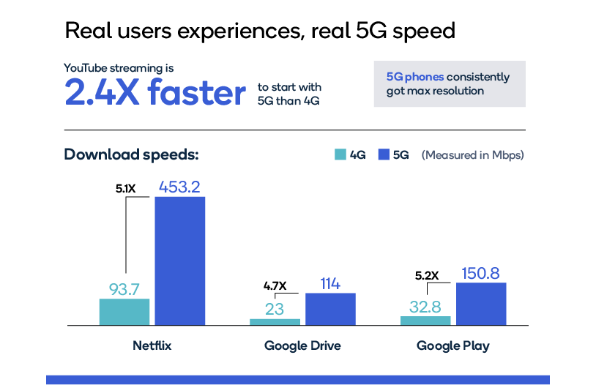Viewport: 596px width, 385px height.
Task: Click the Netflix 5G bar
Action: click(179, 260)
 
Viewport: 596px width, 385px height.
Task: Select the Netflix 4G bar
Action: click(124, 311)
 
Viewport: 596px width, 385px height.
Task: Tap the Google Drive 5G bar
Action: click(330, 308)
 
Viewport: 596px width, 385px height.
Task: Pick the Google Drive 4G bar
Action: click(275, 321)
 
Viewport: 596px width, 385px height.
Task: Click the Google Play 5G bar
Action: click(481, 303)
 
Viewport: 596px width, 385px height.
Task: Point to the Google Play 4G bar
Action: click(425, 320)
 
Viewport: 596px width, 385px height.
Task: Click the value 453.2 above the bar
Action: click(179, 187)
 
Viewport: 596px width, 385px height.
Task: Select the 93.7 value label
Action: click(124, 289)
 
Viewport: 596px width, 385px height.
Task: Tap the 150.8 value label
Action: click(481, 273)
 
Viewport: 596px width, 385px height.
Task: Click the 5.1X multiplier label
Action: click(126, 188)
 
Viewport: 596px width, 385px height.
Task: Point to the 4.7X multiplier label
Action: click(276, 285)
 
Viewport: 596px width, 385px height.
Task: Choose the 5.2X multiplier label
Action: click(426, 276)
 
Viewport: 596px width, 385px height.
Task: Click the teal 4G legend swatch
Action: click(340, 154)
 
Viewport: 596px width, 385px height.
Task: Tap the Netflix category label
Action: click(152, 345)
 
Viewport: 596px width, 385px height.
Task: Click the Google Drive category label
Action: click(302, 345)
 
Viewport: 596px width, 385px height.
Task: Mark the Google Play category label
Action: click(453, 345)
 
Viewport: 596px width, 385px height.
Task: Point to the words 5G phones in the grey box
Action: click(415, 77)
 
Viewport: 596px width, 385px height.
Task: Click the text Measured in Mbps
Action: click(473, 155)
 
